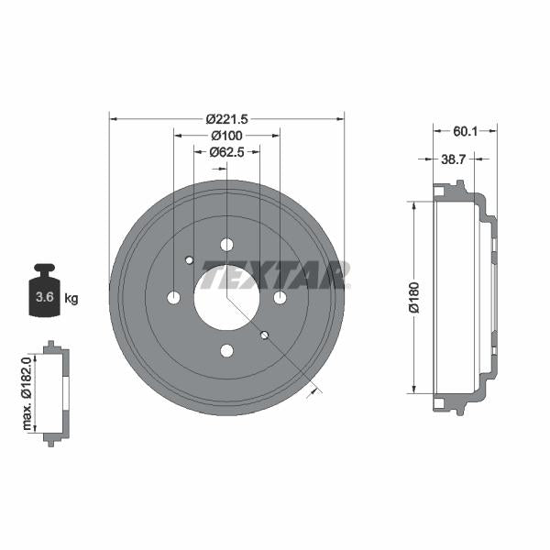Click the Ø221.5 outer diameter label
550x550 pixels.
[226, 118]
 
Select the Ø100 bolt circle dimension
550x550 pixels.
[225, 136]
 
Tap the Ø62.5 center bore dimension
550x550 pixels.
[225, 152]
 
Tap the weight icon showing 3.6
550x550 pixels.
[44, 292]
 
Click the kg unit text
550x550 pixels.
[72, 298]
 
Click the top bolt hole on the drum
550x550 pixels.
[226, 245]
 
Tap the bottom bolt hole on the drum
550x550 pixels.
[226, 350]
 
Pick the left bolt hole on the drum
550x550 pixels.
[173, 297]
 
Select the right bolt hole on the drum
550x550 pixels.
[280, 297]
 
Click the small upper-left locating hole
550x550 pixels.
[190, 260]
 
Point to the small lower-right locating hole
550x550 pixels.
[264, 335]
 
